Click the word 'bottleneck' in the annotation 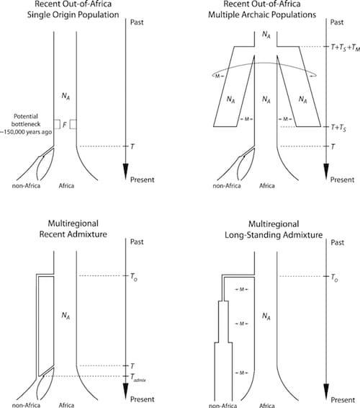(x=26, y=124)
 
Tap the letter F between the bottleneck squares (x=65, y=125)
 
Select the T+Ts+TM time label (x=346, y=48)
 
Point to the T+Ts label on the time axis (x=338, y=128)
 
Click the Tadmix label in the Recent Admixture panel (x=138, y=377)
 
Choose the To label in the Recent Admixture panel (x=134, y=277)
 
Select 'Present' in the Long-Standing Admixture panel (x=343, y=399)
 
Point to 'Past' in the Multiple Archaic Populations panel (x=337, y=22)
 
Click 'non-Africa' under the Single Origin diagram (x=26, y=186)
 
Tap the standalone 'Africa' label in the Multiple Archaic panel (x=267, y=186)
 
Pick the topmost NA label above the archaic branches (x=266, y=35)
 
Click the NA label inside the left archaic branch (x=230, y=99)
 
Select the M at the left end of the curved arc (x=217, y=76)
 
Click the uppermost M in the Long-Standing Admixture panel (x=242, y=289)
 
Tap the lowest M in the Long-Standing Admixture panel (x=242, y=373)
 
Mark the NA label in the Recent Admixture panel (x=66, y=316)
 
